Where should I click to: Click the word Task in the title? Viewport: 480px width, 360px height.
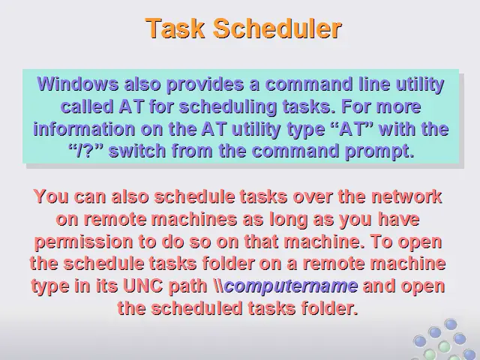click(x=175, y=28)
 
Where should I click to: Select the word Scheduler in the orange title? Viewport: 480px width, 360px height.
click(x=277, y=28)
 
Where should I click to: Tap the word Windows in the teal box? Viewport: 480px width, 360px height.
click(x=78, y=84)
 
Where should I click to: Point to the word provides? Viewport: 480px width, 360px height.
click(x=205, y=85)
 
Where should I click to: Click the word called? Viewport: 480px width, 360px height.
click(x=87, y=106)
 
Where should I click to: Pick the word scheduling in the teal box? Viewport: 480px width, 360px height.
click(x=227, y=107)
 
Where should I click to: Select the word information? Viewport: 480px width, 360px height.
click(x=84, y=128)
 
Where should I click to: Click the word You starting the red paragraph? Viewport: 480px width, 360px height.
click(x=51, y=196)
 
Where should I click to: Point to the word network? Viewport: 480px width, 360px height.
click(x=406, y=196)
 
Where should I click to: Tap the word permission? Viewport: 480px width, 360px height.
click(x=83, y=241)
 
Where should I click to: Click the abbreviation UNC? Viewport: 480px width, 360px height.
click(x=143, y=286)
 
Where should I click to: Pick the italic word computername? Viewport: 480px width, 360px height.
click(x=291, y=286)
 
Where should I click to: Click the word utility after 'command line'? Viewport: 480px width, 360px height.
click(x=420, y=85)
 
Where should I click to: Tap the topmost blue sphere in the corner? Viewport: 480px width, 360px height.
click(x=450, y=324)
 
